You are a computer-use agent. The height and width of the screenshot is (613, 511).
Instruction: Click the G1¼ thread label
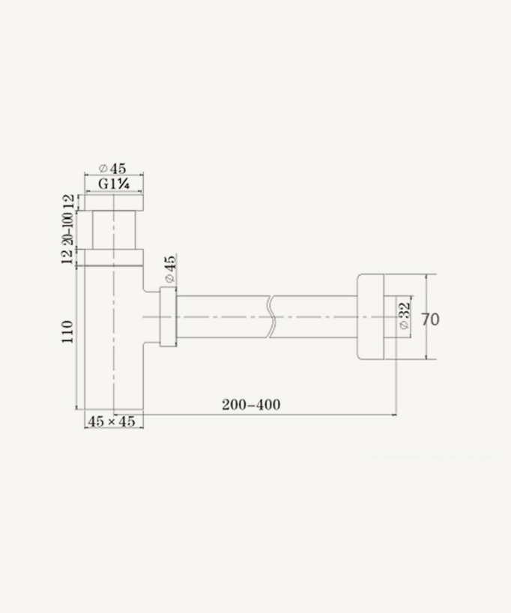[x=114, y=184]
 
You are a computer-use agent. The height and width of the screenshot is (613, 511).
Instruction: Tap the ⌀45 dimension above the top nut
[x=113, y=169]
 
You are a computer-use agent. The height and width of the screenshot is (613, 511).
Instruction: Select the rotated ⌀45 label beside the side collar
[x=169, y=269]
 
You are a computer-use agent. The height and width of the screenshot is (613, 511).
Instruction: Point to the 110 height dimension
[x=67, y=332]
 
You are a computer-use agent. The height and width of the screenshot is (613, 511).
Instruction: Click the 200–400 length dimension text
[x=251, y=405]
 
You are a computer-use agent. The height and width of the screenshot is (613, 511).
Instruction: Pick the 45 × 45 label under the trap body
[x=112, y=421]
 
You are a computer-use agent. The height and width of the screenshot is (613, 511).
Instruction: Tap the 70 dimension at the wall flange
[x=430, y=319]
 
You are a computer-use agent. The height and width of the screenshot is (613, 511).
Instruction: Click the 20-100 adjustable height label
[x=67, y=229]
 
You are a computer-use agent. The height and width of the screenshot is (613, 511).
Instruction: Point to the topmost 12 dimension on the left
[x=67, y=202]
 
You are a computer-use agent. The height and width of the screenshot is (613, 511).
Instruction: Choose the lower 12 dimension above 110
[x=67, y=257]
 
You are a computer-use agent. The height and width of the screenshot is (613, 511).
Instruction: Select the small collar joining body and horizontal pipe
[x=169, y=316]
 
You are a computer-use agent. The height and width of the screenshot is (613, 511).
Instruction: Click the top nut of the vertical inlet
[x=112, y=202]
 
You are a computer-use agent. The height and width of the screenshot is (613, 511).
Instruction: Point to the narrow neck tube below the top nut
[x=112, y=230]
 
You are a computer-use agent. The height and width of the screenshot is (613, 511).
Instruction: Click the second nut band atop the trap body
[x=112, y=257]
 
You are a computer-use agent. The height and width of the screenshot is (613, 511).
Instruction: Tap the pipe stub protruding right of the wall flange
[x=390, y=316]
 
